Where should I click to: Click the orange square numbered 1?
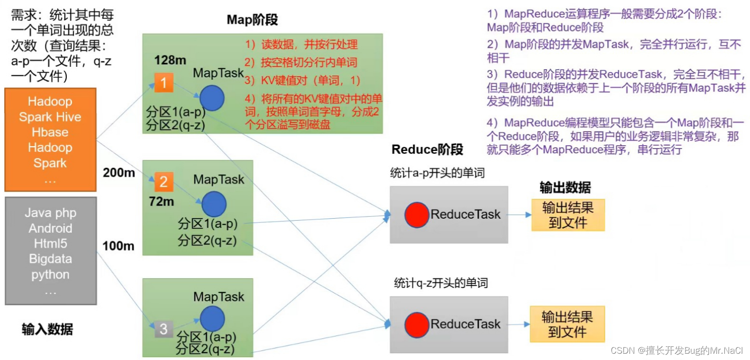tap(164, 83)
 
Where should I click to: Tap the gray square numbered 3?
tap(164, 329)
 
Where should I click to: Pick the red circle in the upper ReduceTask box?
tap(417, 215)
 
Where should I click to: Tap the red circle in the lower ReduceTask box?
tap(417, 325)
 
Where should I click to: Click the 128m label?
tap(170, 60)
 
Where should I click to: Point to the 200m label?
tap(119, 173)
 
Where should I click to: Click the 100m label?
tap(118, 246)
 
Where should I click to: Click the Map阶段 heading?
tap(252, 20)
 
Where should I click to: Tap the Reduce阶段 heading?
tap(427, 150)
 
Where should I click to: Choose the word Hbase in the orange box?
tap(50, 132)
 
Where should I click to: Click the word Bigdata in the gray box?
tap(50, 259)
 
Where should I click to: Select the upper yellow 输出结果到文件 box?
tap(568, 215)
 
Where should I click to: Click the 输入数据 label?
tap(47, 330)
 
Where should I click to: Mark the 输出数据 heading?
tap(565, 188)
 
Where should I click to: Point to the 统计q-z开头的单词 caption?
tap(440, 283)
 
